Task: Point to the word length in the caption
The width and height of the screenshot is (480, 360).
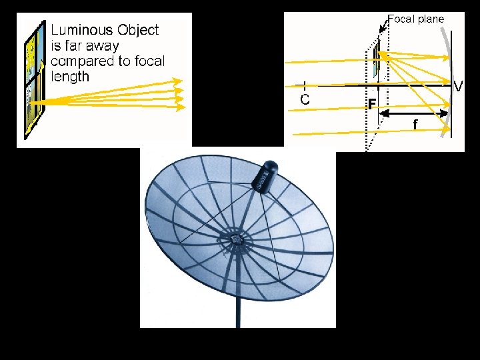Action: tap(70, 76)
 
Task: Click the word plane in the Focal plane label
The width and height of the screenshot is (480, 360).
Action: tap(431, 19)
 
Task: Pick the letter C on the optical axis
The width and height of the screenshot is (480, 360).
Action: tap(304, 99)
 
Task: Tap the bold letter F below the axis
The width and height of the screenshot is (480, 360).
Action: tap(371, 105)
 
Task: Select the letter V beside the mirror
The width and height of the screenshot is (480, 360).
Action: tap(458, 86)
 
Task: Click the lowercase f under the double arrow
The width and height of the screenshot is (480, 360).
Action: tap(415, 124)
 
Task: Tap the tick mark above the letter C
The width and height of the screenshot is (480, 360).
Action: tap(304, 85)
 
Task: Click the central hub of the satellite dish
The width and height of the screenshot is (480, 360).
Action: tap(236, 238)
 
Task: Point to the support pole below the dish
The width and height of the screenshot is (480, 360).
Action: tap(237, 307)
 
